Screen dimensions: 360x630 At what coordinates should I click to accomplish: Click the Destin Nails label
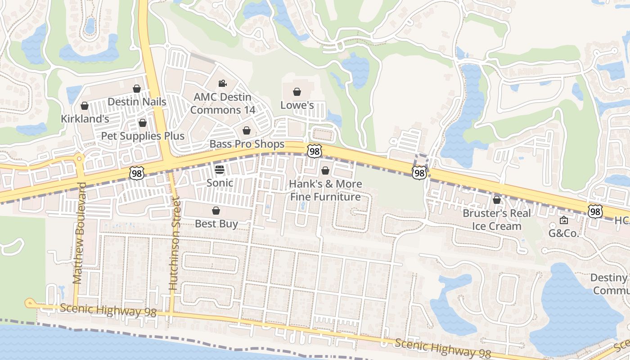click(137, 102)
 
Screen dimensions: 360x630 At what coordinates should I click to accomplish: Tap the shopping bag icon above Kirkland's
click(84, 106)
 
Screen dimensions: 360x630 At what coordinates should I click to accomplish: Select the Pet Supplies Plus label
click(143, 136)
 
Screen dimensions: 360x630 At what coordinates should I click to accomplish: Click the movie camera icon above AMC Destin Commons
click(222, 83)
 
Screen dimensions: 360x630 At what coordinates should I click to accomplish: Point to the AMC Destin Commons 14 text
click(222, 103)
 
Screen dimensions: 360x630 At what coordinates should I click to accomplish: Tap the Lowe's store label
click(297, 105)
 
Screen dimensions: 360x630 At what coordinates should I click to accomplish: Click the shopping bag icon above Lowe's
click(297, 92)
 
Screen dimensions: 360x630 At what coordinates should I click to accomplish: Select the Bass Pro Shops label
click(247, 144)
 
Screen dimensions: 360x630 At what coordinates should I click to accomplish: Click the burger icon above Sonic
click(220, 170)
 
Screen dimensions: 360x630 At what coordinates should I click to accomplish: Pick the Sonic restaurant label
click(220, 183)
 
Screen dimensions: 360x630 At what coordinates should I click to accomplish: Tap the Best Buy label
click(216, 224)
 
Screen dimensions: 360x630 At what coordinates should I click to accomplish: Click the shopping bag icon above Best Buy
click(216, 211)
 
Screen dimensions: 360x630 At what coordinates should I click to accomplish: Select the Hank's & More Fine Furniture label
click(325, 190)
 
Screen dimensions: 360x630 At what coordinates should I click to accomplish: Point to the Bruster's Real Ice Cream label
click(497, 220)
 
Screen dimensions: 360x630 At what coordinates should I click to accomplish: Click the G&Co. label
click(563, 234)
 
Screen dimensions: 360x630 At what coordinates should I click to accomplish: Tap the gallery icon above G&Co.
click(563, 220)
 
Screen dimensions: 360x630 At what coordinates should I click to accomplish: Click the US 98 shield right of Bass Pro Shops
click(315, 151)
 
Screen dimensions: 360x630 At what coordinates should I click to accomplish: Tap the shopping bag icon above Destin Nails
click(137, 89)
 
